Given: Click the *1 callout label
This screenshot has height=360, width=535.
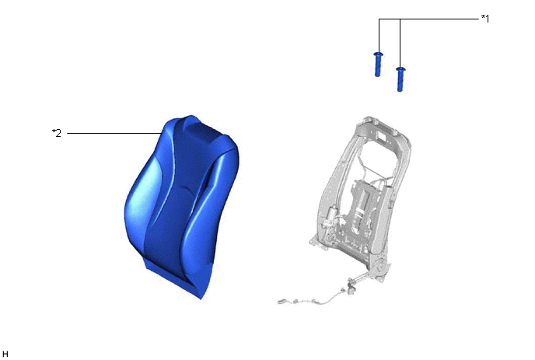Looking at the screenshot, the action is [485, 19].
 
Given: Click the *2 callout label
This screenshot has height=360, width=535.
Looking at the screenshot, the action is [57, 133].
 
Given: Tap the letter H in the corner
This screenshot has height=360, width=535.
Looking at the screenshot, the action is [5, 354].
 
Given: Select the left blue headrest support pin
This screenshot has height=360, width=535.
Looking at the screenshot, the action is [378, 65].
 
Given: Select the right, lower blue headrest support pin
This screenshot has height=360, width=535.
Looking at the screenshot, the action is [400, 79].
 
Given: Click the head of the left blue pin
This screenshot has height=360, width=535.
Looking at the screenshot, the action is [379, 54].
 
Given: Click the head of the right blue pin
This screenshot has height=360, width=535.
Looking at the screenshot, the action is [400, 69].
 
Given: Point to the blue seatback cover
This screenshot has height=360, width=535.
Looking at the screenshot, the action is [181, 204].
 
